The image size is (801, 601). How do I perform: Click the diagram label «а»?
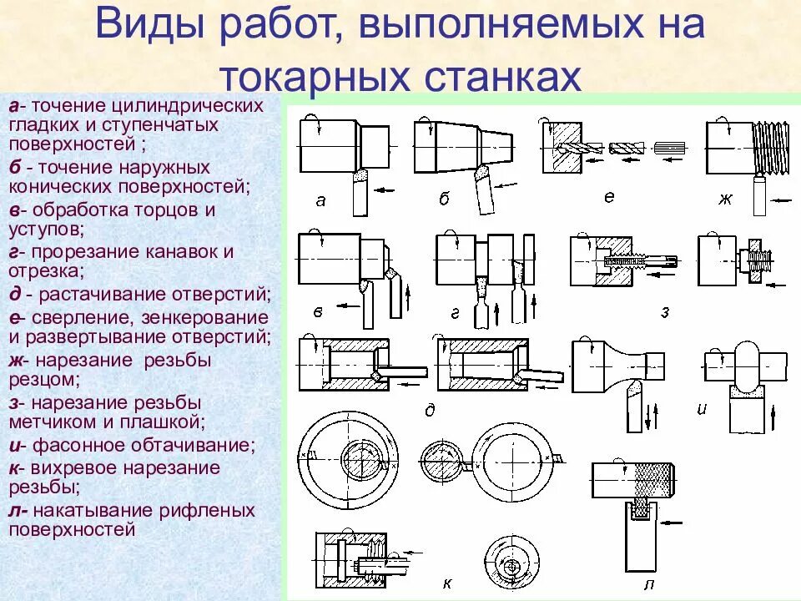tap(320, 199)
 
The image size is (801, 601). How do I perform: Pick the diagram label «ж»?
tap(724, 199)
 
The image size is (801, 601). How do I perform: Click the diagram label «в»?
tap(318, 311)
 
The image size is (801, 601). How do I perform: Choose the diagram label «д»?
tap(431, 409)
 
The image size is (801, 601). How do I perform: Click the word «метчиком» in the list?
tap(45, 423)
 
